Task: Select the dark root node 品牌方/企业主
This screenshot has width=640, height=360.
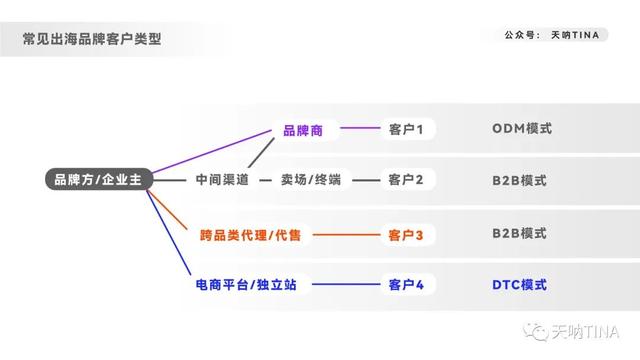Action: tap(98, 180)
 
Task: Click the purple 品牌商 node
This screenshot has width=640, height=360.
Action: tap(303, 129)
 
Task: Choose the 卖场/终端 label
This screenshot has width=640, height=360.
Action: tap(311, 180)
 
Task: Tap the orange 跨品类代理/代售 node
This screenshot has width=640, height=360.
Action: tap(250, 235)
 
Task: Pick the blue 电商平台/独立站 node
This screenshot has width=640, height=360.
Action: tap(246, 285)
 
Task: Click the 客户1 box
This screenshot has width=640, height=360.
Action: tap(406, 129)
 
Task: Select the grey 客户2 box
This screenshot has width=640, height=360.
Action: tap(406, 180)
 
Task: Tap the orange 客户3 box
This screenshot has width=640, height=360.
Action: tap(406, 235)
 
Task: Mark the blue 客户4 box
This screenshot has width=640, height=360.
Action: tap(406, 285)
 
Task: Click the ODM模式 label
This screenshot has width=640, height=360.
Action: tap(521, 129)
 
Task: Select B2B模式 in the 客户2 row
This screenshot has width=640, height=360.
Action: tap(519, 180)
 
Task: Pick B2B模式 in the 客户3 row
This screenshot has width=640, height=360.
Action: tap(519, 234)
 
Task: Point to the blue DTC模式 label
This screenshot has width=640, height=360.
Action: tap(520, 285)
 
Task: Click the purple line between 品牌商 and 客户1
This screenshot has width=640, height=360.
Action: tap(358, 129)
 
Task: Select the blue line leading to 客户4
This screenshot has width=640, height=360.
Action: tap(340, 285)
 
